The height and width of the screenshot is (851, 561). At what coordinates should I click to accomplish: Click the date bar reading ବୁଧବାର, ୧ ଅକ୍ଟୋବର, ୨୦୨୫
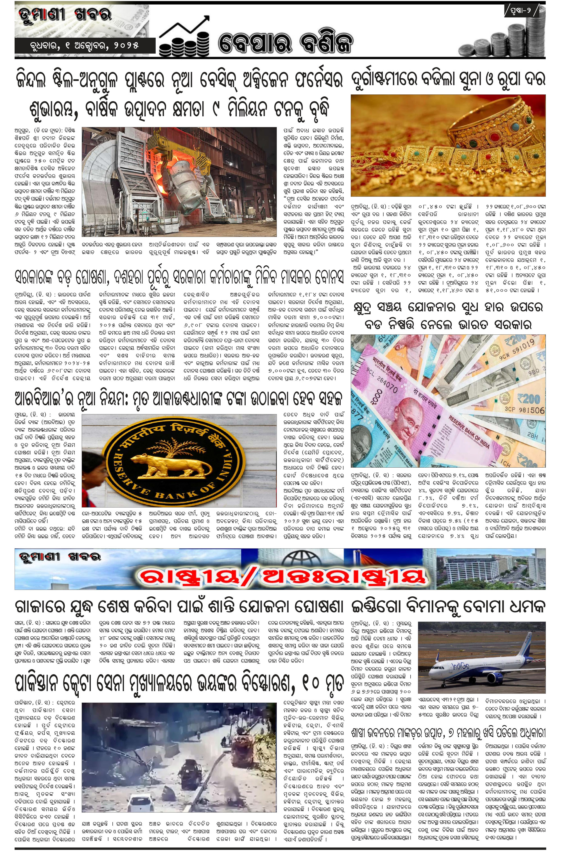point(85,46)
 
